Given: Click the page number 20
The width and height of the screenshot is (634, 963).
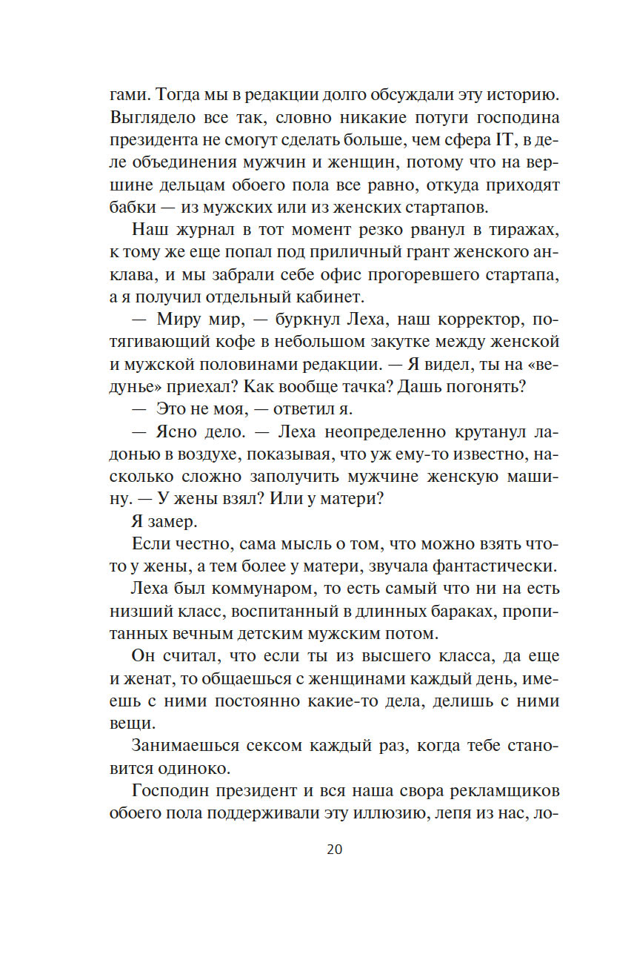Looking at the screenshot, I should [x=334, y=849].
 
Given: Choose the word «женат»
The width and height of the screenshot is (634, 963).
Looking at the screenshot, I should [x=150, y=679].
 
